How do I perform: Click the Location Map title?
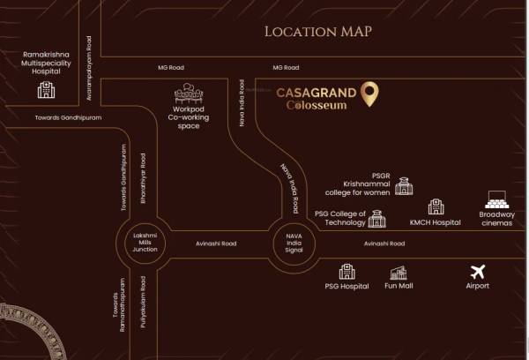[318, 32]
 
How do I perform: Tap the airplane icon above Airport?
[478, 272]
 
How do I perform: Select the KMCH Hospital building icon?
[435, 207]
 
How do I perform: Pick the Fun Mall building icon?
[399, 272]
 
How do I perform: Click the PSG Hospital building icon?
[346, 271]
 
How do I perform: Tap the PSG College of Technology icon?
[377, 217]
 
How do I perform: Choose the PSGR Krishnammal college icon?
[403, 185]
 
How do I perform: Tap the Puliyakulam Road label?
[143, 303]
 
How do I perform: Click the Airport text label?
[478, 286]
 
